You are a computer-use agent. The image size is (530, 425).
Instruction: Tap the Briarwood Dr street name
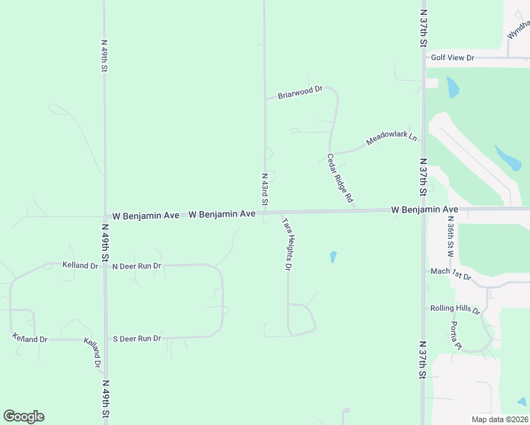point(300,92)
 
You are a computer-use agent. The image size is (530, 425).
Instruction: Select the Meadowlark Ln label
point(391,139)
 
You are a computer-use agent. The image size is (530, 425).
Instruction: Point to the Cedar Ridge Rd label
point(340,178)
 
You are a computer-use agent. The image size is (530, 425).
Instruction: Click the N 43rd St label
point(264,189)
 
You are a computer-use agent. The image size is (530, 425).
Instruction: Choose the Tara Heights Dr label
point(287,244)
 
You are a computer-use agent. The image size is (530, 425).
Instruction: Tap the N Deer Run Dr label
point(137,266)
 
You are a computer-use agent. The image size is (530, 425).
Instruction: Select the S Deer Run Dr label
point(137,339)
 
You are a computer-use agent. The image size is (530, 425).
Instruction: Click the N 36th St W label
point(450,236)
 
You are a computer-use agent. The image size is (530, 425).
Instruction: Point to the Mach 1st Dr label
point(451,273)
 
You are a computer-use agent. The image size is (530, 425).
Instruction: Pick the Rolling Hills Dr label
point(455,310)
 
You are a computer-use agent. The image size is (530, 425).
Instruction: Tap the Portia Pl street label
point(456,336)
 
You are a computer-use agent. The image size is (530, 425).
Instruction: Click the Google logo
point(23,416)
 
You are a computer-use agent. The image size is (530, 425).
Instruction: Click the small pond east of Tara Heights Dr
point(333,257)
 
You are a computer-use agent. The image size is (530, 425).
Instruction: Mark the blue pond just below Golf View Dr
point(452,87)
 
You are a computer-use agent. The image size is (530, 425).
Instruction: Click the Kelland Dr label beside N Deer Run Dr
point(79,266)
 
